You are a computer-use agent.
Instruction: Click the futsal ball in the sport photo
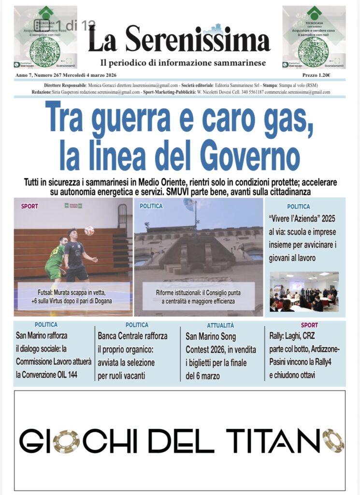(89, 231)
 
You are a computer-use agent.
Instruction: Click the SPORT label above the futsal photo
(29, 206)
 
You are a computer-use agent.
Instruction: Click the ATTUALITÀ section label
(220, 325)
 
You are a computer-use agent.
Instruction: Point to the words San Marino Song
(211, 336)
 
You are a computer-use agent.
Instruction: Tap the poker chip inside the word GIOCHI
(66, 441)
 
